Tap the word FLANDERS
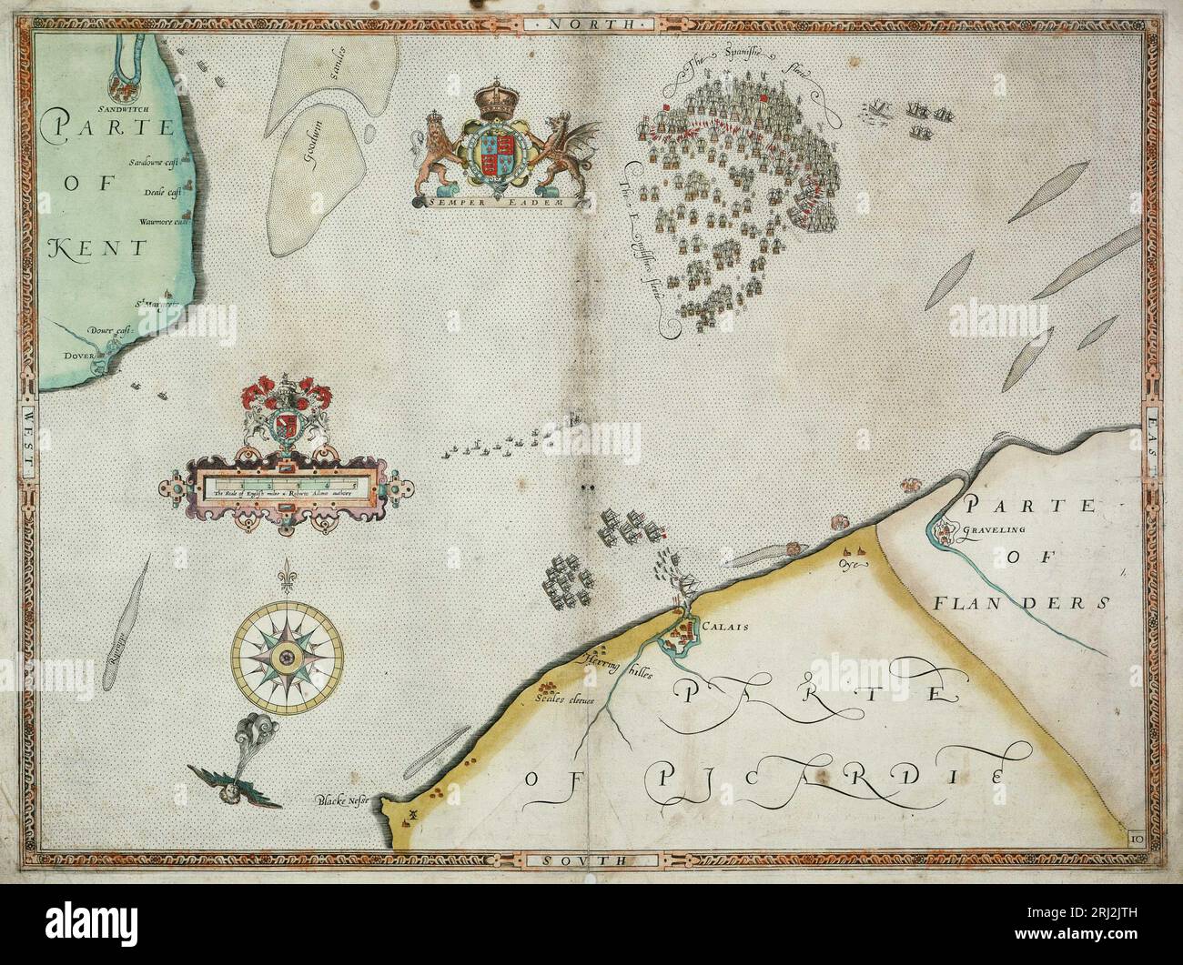click(x=1021, y=602)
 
